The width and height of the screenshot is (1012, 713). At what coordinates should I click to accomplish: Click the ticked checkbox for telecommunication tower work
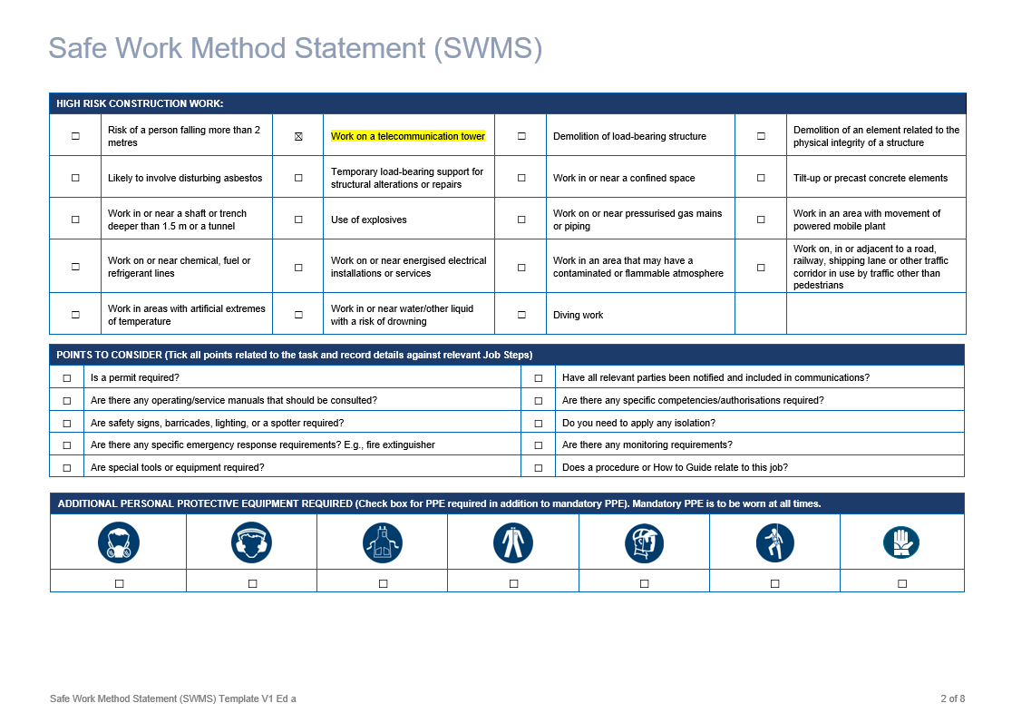pos(298,137)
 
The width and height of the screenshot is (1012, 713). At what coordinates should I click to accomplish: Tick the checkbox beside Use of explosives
pos(298,220)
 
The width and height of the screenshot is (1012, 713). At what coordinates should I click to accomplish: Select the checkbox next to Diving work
pos(521,315)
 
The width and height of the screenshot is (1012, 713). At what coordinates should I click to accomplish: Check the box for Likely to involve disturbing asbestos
pos(75,178)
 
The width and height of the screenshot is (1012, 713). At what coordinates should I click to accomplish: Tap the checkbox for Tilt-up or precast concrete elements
pos(761,178)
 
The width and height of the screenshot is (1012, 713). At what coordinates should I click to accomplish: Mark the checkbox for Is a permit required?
pos(67,377)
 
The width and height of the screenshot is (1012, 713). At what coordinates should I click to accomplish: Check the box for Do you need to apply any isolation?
pos(539,423)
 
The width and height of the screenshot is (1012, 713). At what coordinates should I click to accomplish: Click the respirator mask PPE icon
pos(119,542)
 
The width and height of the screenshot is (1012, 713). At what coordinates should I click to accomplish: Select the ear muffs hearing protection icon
pos(251,542)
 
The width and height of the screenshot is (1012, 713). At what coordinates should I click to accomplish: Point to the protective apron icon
pos(382,542)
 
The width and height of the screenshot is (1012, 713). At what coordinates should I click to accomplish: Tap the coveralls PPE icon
pos(513,542)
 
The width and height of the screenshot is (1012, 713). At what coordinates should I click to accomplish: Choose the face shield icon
pos(644,542)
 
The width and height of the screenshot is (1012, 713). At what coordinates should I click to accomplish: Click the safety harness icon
pos(774,542)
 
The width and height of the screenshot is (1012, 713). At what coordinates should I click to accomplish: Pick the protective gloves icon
pos(901,542)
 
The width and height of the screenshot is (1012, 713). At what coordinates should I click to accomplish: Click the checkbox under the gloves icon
pos(902,583)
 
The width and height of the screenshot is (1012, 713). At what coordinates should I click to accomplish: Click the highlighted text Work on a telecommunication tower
pos(407,137)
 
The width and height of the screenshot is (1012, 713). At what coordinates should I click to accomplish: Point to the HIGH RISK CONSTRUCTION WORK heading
pos(140,103)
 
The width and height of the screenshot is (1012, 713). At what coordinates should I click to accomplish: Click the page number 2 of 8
pos(952,698)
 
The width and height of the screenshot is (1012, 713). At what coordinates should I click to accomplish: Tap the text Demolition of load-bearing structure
pos(629,137)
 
